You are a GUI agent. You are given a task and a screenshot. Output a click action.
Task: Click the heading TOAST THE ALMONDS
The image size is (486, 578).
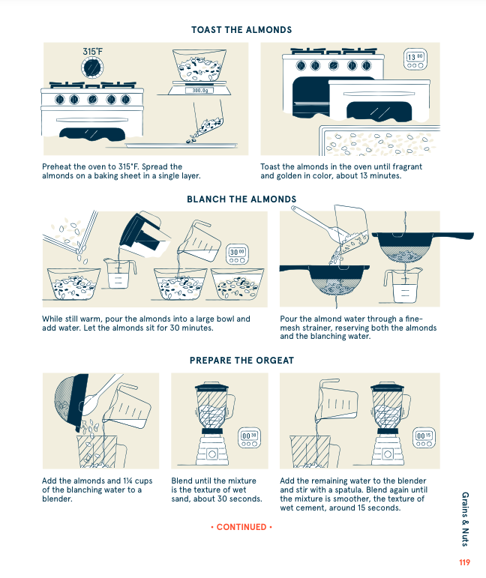click(x=241, y=30)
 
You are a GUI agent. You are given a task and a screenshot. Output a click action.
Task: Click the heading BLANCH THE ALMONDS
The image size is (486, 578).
click(x=241, y=199)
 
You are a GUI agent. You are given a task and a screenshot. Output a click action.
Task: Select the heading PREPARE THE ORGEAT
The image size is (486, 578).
click(x=241, y=361)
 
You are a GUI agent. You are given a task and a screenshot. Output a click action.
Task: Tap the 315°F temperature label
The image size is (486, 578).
click(x=93, y=52)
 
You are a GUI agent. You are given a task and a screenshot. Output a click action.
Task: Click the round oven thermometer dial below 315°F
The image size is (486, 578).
click(x=93, y=67)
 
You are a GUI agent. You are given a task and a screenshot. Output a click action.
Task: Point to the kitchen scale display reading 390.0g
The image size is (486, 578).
click(x=199, y=91)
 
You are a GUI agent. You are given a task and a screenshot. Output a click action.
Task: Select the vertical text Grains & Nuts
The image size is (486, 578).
click(x=465, y=517)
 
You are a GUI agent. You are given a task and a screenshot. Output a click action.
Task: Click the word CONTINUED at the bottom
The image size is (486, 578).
click(x=241, y=527)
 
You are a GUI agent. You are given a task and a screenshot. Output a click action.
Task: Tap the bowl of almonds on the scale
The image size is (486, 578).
click(x=199, y=66)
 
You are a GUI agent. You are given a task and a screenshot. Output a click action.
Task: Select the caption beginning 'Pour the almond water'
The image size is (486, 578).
click(x=358, y=328)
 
